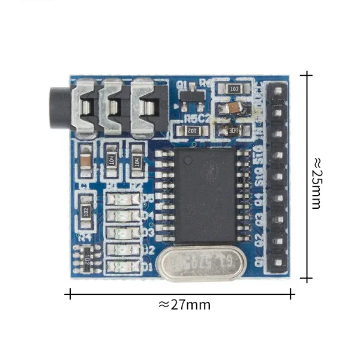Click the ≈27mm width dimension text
coord(184,304)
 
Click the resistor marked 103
coord(233,89)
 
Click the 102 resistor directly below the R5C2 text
coord(191,130)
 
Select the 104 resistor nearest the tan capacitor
coord(112,159)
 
